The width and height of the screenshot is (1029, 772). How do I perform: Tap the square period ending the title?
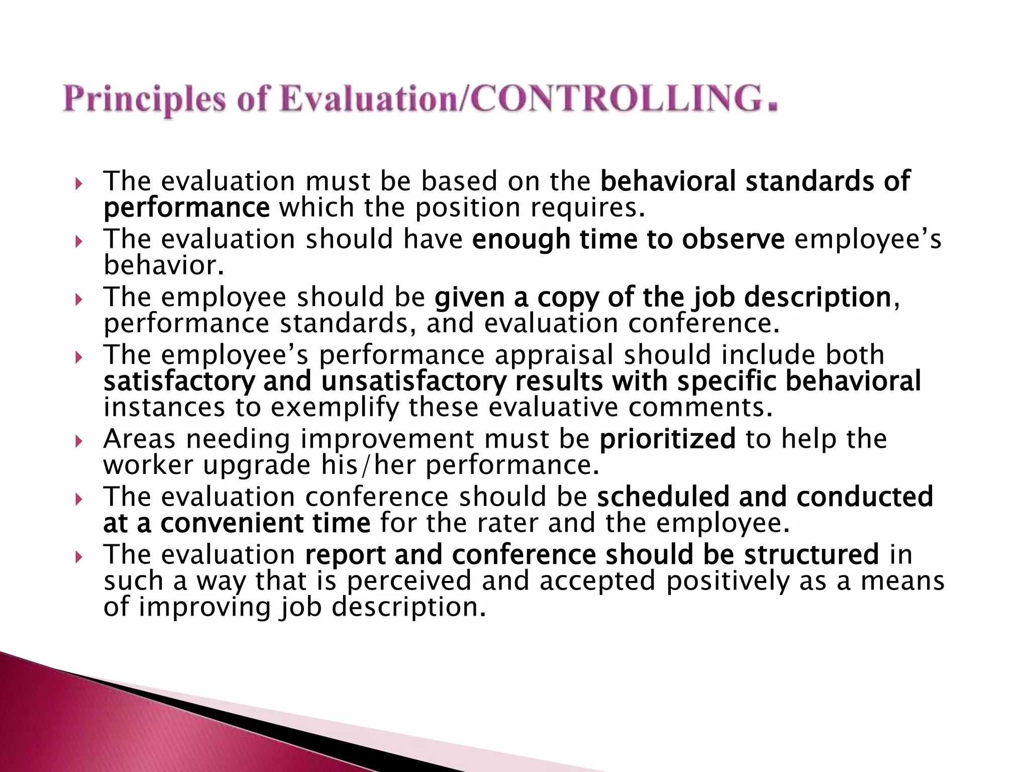tap(772, 106)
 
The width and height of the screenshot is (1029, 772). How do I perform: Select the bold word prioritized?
tap(667, 439)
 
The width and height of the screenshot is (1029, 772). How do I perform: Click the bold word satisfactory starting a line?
tap(179, 381)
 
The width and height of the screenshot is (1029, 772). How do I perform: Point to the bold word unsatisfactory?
tap(414, 381)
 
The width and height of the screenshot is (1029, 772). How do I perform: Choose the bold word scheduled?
tap(663, 497)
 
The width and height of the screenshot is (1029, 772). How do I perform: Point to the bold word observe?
tap(733, 239)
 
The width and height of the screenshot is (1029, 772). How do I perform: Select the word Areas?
tap(140, 439)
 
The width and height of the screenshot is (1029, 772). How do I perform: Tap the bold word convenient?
tap(232, 523)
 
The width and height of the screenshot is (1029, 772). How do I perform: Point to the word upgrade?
tap(257, 465)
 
